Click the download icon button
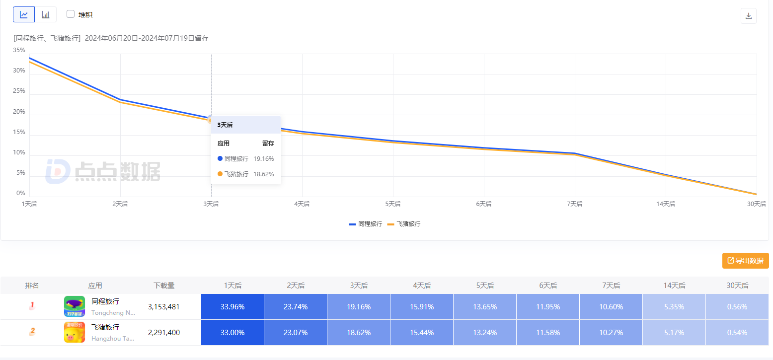748,16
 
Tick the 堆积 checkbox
71,14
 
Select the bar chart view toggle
46,14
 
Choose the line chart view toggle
24,14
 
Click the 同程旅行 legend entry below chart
366,224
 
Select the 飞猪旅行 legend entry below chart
404,224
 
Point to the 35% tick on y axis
19,50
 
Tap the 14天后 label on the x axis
666,204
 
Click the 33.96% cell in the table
232,307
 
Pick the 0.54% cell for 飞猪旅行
737,333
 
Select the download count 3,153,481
164,307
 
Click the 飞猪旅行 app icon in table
75,332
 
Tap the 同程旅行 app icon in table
75,306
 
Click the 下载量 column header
164,286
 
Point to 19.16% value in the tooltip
263,159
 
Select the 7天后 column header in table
611,286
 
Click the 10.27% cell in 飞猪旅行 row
611,333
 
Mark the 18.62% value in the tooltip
263,174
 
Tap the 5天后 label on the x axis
393,204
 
